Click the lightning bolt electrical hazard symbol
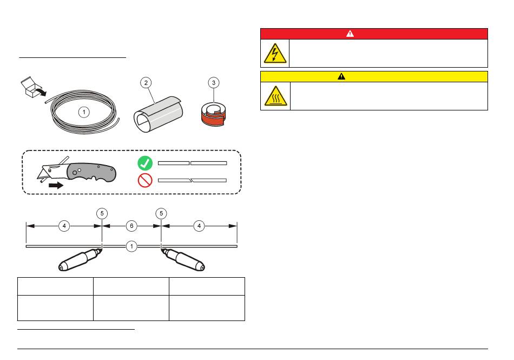pyautogui.click(x=275, y=54)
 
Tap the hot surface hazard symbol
pyautogui.click(x=276, y=96)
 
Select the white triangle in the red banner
pyautogui.click(x=350, y=34)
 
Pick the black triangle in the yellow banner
pyautogui.click(x=341, y=76)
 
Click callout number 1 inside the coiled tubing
pyautogui.click(x=84, y=112)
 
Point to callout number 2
pyautogui.click(x=146, y=83)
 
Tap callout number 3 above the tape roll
pyautogui.click(x=214, y=83)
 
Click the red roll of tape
pyautogui.click(x=213, y=115)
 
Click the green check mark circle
pyautogui.click(x=145, y=163)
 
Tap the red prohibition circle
pyautogui.click(x=145, y=180)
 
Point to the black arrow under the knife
pyautogui.click(x=56, y=186)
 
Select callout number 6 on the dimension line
pyautogui.click(x=131, y=226)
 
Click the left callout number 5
pyautogui.click(x=102, y=213)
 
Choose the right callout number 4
pyautogui.click(x=199, y=226)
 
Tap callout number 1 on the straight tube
pyautogui.click(x=131, y=246)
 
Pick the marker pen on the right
pyautogui.click(x=183, y=260)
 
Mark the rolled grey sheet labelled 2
pyautogui.click(x=158, y=114)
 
